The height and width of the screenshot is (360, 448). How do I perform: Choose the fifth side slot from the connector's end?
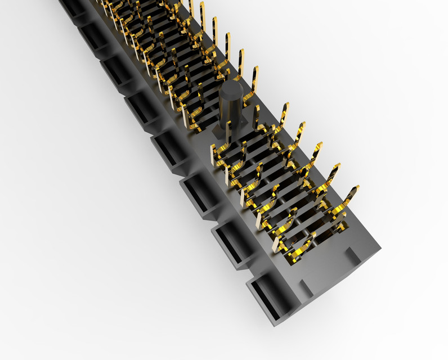tap(140, 109)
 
